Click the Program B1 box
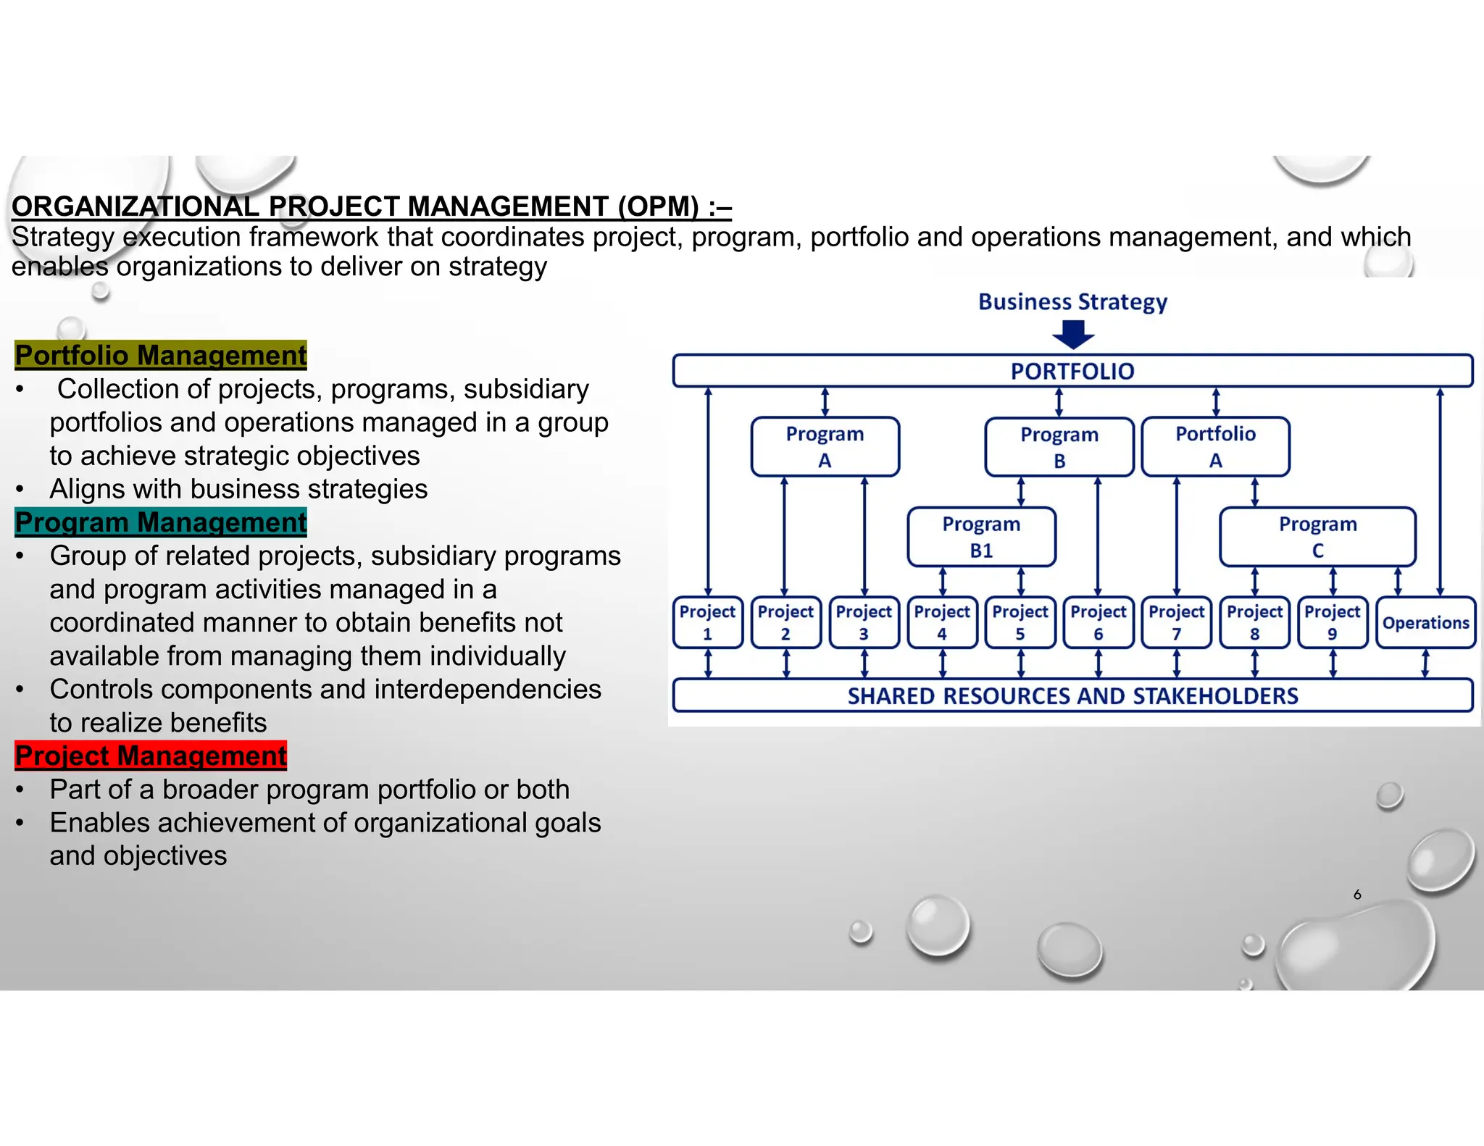click(981, 537)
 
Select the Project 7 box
click(1176, 622)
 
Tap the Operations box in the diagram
click(1425, 622)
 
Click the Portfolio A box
click(1215, 446)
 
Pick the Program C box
click(1317, 537)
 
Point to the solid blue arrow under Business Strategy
click(1073, 335)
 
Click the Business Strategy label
click(1072, 302)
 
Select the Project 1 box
click(707, 622)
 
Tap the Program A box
click(825, 446)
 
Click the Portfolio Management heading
click(161, 355)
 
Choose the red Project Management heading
click(151, 756)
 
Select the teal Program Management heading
click(161, 522)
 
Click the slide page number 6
click(1357, 895)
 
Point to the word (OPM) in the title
click(658, 206)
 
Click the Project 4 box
click(942, 622)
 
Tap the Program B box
click(1059, 447)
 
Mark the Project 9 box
click(1332, 622)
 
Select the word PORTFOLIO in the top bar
click(1072, 371)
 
